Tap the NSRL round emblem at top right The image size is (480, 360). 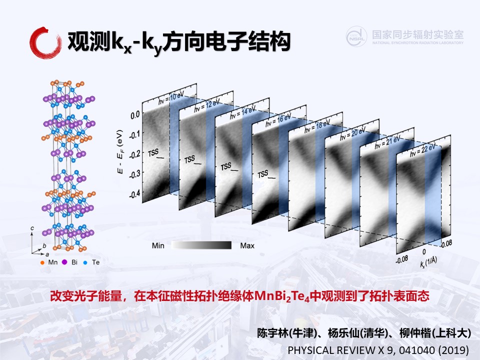point(356,36)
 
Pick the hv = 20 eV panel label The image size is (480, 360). point(353,134)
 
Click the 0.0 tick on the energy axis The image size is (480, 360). point(135,115)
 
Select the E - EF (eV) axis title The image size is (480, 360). point(120,152)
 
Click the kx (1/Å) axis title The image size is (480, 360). point(428,262)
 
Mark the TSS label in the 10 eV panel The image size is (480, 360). point(153,153)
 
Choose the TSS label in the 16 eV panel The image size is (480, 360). point(262,174)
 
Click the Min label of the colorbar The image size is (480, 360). point(158,245)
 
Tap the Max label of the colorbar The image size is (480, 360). point(247,245)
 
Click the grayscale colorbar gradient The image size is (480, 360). point(201,245)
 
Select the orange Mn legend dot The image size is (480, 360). point(42,262)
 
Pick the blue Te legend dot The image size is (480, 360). point(85,262)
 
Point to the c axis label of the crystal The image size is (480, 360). point(32,228)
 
